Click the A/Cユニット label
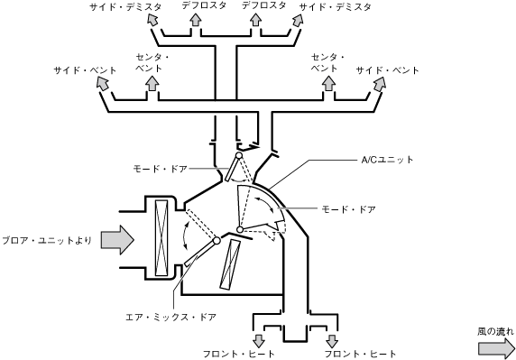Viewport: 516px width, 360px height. pyautogui.click(x=387, y=160)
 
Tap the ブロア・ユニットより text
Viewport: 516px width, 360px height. pyautogui.click(x=47, y=241)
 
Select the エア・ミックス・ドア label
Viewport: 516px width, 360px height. pyautogui.click(x=171, y=318)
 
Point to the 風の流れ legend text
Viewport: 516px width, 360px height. pyautogui.click(x=495, y=332)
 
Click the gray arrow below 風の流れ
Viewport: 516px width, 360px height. pyautogui.click(x=496, y=348)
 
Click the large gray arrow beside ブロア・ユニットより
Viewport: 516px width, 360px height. pyautogui.click(x=117, y=240)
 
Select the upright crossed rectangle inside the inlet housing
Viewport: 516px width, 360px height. pyautogui.click(x=161, y=237)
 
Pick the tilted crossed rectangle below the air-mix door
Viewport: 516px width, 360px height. pyautogui.click(x=230, y=264)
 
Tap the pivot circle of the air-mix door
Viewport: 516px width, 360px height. pyautogui.click(x=217, y=241)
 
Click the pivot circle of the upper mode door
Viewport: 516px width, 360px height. pyautogui.click(x=239, y=154)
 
